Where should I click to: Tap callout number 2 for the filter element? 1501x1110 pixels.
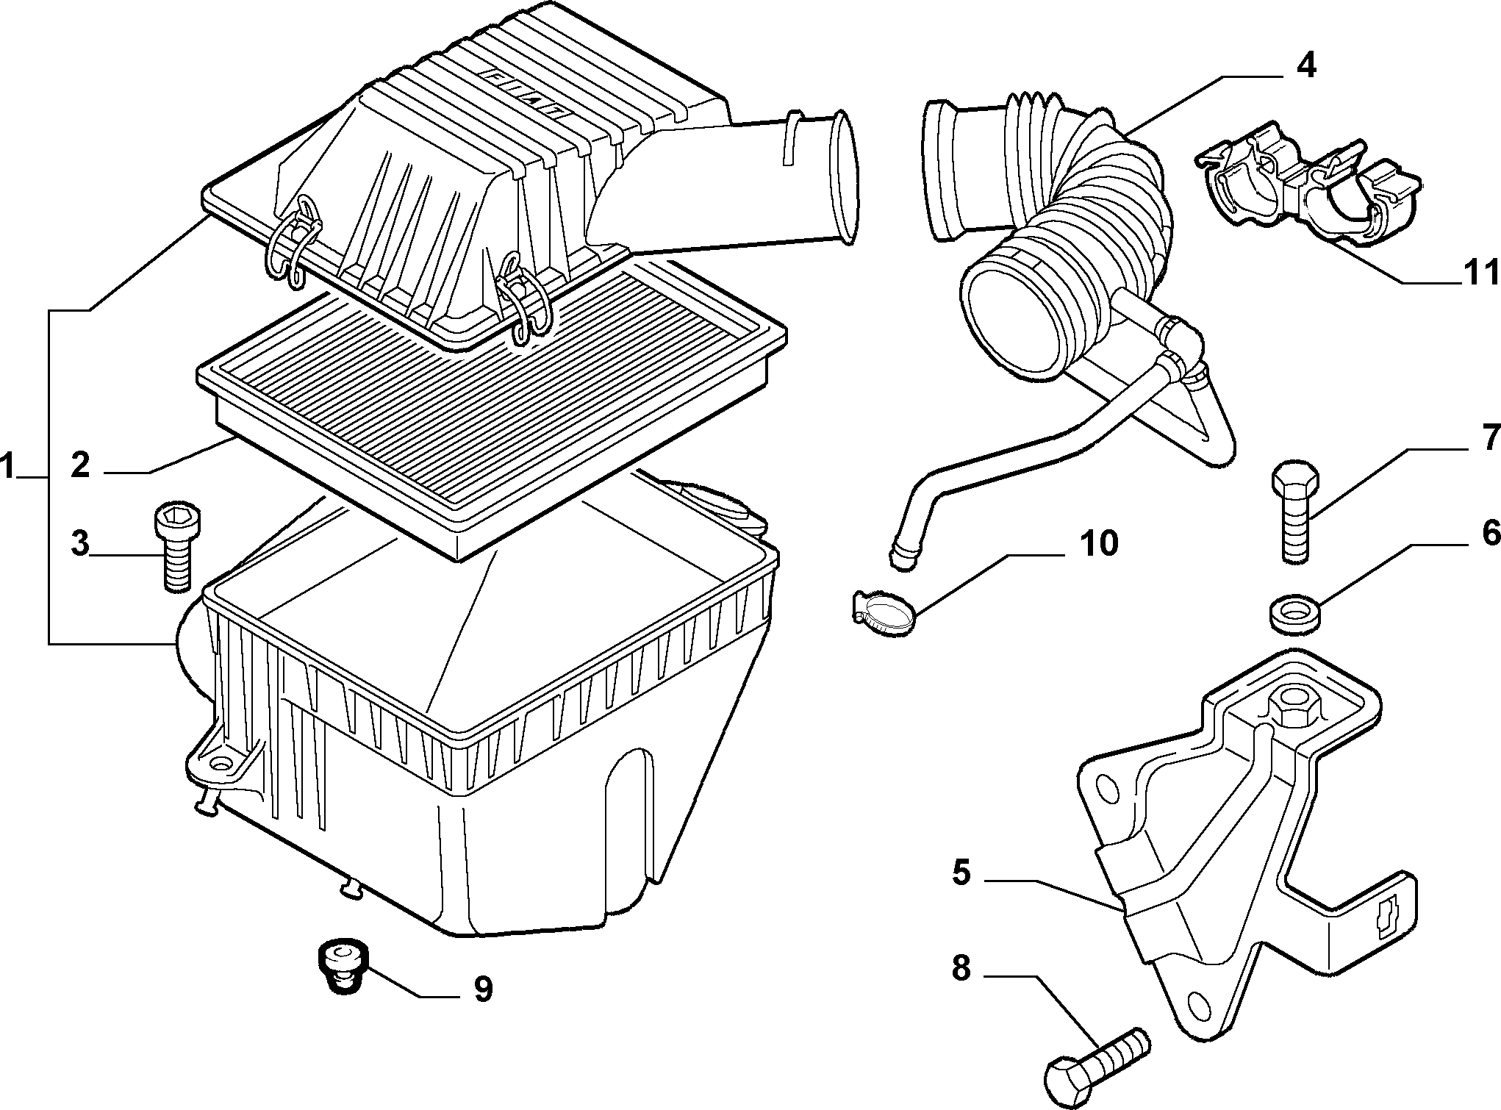click(x=80, y=466)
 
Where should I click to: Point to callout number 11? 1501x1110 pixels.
click(x=1477, y=273)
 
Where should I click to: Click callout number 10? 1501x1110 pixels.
click(x=1098, y=543)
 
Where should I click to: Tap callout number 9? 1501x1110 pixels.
click(x=482, y=989)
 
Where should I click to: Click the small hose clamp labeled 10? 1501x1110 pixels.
click(x=882, y=612)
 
